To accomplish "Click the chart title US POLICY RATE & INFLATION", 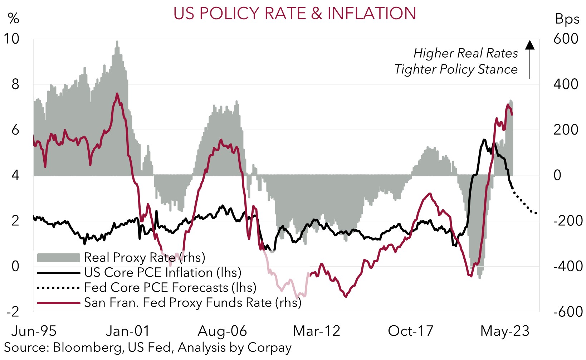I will point(294,14).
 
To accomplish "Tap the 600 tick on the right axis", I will point(565,39).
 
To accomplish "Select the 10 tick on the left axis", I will point(11,39).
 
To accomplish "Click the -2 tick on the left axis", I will point(13,312).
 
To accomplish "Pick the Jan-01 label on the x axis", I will point(128,331).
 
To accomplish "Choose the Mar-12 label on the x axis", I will point(317,331).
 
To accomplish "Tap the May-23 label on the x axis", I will point(505,331).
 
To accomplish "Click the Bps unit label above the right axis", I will point(567,19).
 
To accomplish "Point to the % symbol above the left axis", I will point(14,18).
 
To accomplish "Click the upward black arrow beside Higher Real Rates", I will point(530,59).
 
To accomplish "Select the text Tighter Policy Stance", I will point(456,69).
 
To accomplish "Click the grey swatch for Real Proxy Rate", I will point(58,258).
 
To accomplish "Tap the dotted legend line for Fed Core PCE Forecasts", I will point(58,288).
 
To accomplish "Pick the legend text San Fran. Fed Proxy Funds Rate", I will point(192,303).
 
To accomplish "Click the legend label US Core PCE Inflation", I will point(163,273).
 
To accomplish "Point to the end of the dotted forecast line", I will point(536,214).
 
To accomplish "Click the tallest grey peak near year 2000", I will point(117,42).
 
